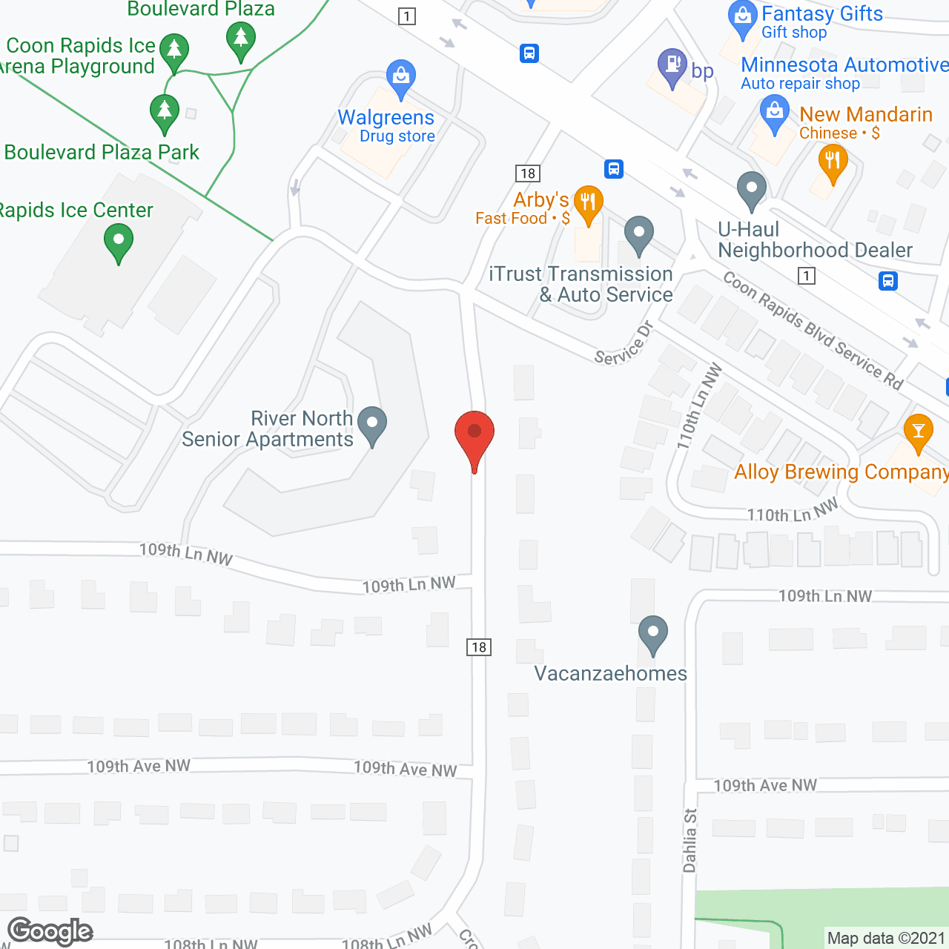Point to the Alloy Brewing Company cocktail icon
click(x=919, y=432)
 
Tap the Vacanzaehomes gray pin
click(x=653, y=635)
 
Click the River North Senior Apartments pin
click(x=372, y=426)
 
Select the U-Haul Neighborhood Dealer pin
click(x=751, y=190)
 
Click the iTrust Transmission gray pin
click(x=638, y=234)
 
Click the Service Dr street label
click(x=624, y=344)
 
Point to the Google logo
click(x=50, y=931)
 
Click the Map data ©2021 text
click(x=886, y=938)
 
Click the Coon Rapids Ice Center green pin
click(x=119, y=242)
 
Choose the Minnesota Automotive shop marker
click(x=775, y=115)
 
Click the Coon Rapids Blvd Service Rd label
click(x=813, y=331)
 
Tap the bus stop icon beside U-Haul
click(x=888, y=281)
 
